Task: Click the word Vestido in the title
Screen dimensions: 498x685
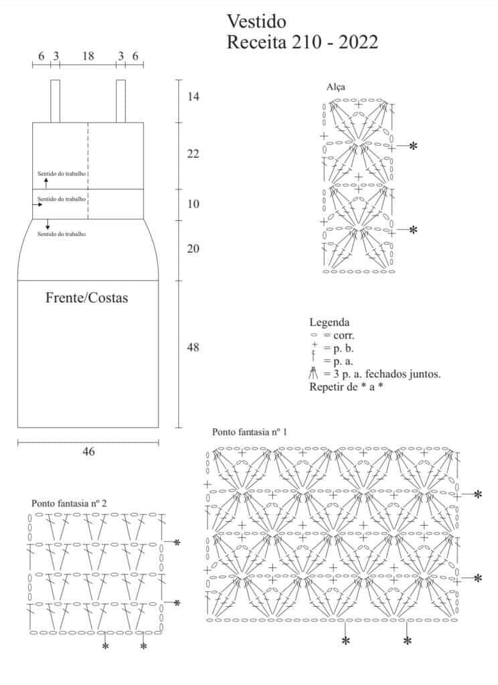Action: click(256, 21)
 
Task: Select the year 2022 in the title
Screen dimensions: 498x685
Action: click(358, 42)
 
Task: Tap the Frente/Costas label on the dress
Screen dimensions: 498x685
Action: click(86, 298)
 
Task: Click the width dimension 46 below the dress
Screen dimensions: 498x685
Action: click(88, 452)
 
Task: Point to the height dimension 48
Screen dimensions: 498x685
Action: click(193, 347)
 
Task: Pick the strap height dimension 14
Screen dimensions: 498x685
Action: click(193, 96)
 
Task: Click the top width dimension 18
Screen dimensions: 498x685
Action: click(88, 56)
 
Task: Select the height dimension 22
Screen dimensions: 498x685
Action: click(193, 153)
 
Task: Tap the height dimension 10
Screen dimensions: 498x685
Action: click(193, 203)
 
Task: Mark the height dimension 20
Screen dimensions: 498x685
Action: click(193, 249)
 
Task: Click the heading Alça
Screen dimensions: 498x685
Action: click(336, 87)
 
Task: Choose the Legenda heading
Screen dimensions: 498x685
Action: click(330, 322)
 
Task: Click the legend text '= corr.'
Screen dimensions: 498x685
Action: click(339, 336)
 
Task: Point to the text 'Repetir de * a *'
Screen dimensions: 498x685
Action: click(346, 387)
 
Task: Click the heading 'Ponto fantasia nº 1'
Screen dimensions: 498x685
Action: click(250, 432)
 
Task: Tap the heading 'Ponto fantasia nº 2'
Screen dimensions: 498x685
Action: click(69, 503)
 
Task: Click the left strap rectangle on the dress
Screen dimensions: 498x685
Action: click(55, 102)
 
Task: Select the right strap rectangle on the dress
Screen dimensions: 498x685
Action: click(120, 102)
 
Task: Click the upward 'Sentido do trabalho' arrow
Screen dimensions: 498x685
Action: click(46, 183)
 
